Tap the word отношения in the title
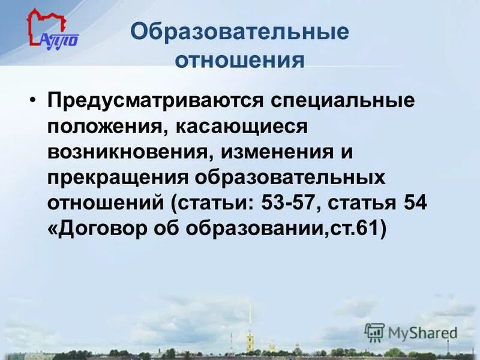point(239,61)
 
